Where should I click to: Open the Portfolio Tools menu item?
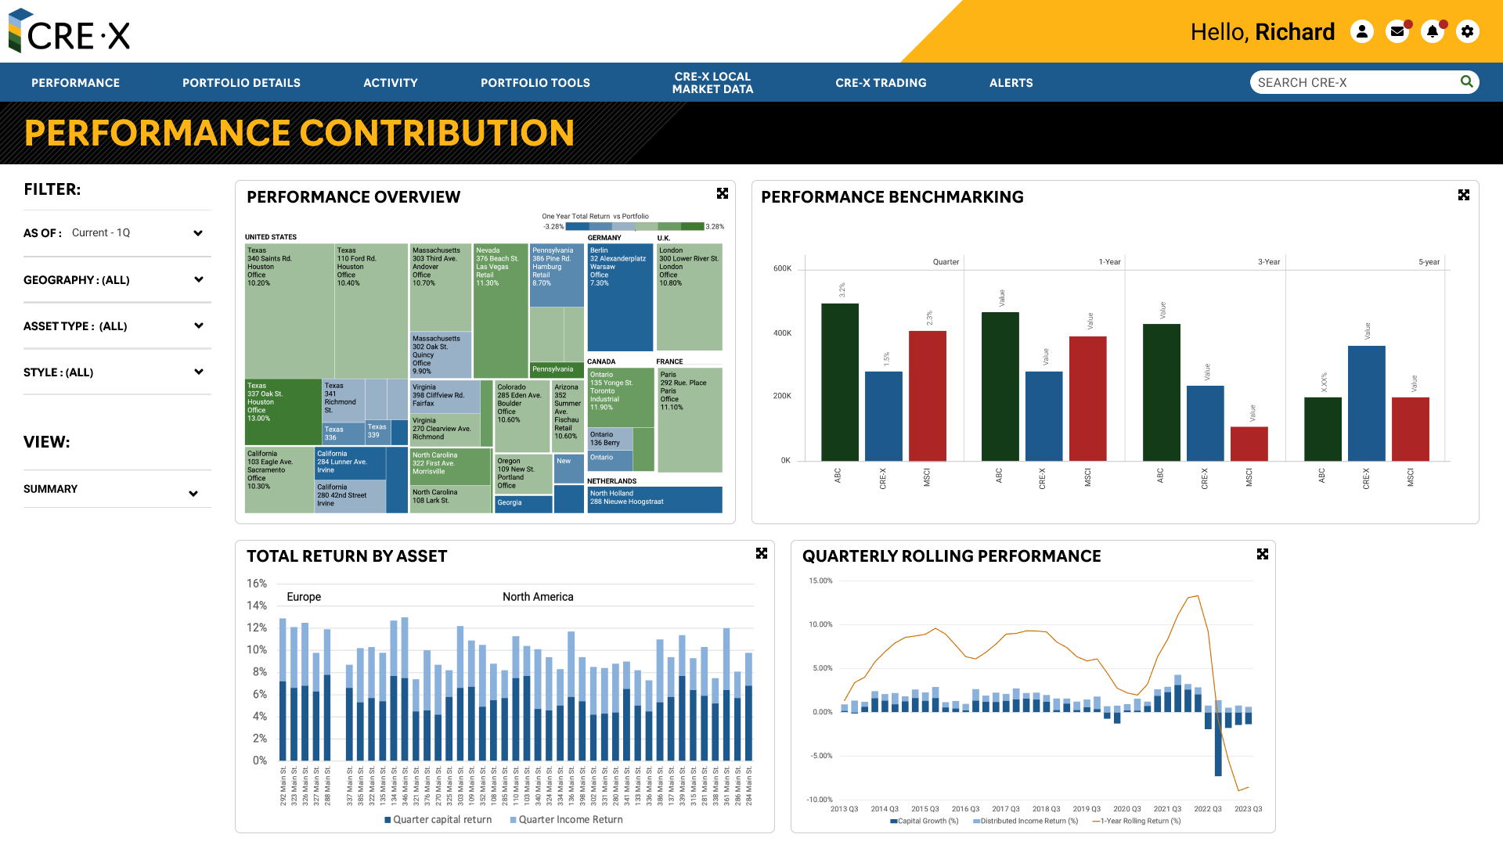(535, 83)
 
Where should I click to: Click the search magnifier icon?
(1466, 81)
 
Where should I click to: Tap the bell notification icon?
(1432, 32)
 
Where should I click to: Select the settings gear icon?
(1467, 32)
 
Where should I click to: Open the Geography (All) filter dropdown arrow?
(199, 279)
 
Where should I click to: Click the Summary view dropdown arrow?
(193, 494)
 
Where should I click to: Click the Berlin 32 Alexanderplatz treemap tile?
(620, 297)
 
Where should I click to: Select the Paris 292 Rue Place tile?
(689, 419)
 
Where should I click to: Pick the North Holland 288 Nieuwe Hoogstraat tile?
(654, 499)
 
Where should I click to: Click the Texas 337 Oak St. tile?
(282, 412)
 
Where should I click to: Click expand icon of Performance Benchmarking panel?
(1463, 195)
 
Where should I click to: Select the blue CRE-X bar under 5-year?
(1366, 403)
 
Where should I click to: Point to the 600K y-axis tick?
(782, 268)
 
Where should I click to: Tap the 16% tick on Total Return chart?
(257, 584)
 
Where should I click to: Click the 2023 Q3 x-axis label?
(1248, 809)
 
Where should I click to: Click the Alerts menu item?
(1011, 83)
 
